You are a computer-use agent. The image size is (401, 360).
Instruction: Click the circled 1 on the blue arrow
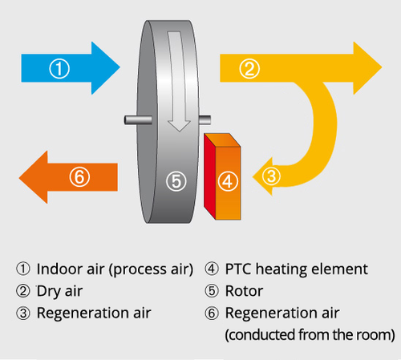click(x=59, y=68)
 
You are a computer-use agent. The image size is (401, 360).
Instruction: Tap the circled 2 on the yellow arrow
click(x=249, y=68)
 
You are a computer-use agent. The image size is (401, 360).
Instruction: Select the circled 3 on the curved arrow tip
click(x=271, y=176)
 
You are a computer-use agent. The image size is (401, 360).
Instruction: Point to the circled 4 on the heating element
click(x=228, y=181)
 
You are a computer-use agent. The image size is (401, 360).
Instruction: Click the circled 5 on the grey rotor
click(x=176, y=181)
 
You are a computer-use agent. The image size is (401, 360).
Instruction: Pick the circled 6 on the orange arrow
click(x=79, y=176)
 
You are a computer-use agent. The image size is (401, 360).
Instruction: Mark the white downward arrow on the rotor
click(x=177, y=80)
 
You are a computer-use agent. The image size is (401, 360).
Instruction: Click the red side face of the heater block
click(x=209, y=176)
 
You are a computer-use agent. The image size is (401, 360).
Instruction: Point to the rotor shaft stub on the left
click(x=138, y=120)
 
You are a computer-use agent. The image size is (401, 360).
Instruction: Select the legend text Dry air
click(x=59, y=291)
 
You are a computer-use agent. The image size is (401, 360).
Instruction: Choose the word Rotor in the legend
click(x=244, y=291)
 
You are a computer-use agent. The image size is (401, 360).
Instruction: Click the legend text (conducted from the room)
click(x=310, y=334)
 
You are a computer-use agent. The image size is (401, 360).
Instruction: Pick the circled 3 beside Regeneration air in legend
click(x=23, y=313)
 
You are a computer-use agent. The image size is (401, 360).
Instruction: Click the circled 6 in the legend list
click(x=212, y=313)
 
